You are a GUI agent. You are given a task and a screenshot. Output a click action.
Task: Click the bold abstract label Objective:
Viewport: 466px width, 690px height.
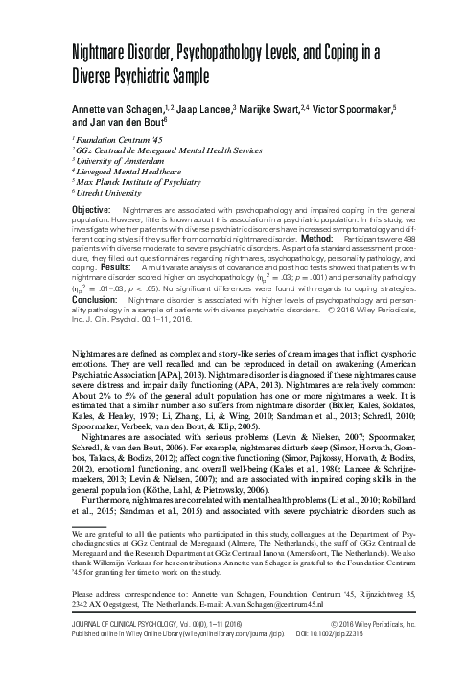94,208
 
